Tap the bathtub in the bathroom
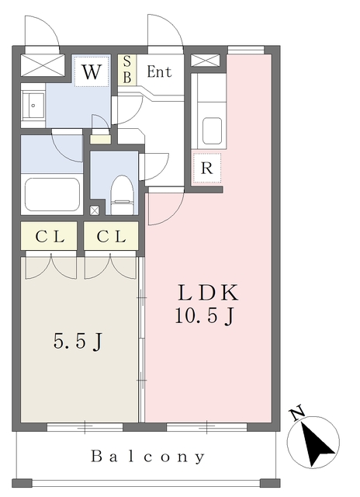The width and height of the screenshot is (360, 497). (x=52, y=194)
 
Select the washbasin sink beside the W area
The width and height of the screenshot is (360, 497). (x=33, y=106)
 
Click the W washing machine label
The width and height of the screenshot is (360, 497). (x=92, y=72)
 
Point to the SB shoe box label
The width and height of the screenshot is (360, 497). (x=127, y=69)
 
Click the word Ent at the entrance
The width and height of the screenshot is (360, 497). (x=159, y=71)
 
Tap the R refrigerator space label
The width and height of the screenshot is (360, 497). (x=206, y=168)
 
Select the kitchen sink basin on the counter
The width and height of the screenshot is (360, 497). (x=212, y=131)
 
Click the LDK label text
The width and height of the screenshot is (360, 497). (x=208, y=293)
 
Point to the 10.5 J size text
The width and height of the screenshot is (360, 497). (x=205, y=316)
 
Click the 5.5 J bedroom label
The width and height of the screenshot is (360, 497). (x=78, y=342)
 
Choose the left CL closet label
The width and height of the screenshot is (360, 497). (x=50, y=236)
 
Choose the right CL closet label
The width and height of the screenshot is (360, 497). (x=111, y=236)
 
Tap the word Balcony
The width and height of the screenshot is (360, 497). (x=148, y=457)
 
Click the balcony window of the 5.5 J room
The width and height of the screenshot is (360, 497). (x=85, y=426)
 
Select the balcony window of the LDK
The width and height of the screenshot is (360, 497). (x=206, y=426)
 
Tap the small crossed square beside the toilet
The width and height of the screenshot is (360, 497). (x=95, y=210)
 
